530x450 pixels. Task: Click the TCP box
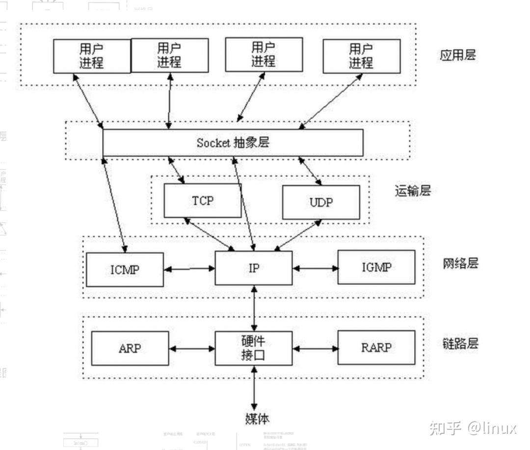point(202,200)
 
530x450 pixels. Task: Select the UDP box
point(320,202)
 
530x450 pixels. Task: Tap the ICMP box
point(125,269)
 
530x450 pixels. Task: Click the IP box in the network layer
point(254,268)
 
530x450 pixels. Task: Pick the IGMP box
point(376,267)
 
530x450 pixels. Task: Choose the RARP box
point(376,348)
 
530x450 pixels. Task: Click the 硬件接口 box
point(254,348)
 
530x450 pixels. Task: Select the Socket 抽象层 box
point(233,143)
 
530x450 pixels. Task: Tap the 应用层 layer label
point(457,54)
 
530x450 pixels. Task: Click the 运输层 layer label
point(412,191)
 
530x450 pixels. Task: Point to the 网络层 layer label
point(460,263)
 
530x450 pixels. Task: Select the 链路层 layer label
point(460,343)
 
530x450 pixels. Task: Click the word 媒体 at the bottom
point(257,419)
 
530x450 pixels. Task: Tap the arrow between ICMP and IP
point(189,269)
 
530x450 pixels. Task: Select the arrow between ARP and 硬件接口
point(192,349)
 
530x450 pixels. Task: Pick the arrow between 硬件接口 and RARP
point(316,349)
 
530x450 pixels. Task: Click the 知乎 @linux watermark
point(473,428)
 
